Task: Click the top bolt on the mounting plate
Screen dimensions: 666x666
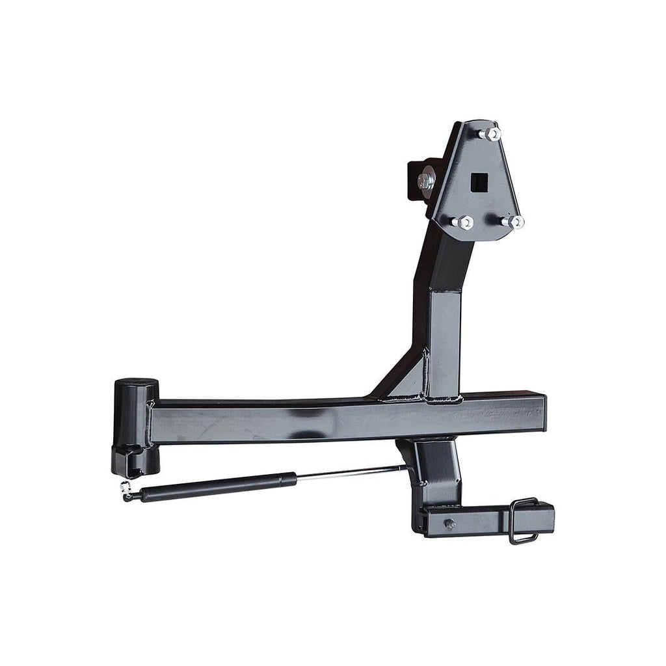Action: pos(491,134)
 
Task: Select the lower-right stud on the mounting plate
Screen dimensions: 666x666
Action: pos(514,221)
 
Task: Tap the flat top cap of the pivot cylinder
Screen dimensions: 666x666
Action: pos(135,382)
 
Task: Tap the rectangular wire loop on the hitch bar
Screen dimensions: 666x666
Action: pos(524,520)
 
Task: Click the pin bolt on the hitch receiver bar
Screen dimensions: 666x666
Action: pos(449,524)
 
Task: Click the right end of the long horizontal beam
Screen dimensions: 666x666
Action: pos(540,412)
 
